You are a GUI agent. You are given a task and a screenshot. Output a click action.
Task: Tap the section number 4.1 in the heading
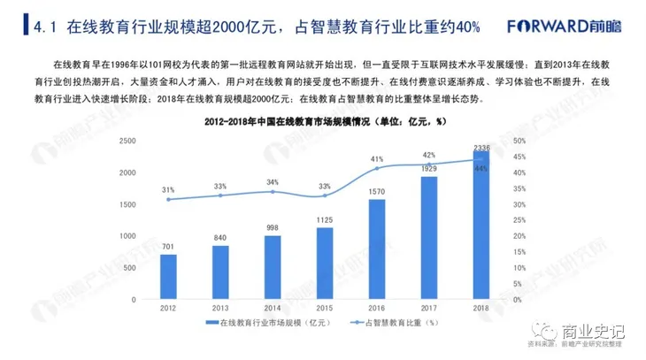click(x=44, y=27)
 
